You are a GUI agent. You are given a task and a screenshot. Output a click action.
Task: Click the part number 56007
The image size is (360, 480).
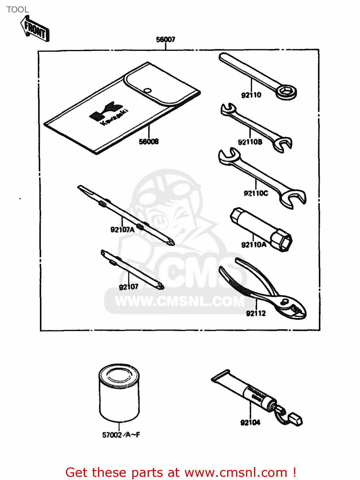click(x=165, y=39)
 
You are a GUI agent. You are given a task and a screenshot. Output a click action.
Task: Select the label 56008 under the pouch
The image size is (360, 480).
click(x=149, y=141)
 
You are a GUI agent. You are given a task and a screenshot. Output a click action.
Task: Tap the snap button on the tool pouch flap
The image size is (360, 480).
click(x=147, y=91)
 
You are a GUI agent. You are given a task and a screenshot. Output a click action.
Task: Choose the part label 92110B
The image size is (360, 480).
click(x=250, y=142)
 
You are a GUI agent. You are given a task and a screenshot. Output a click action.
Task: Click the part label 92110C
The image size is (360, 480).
click(x=256, y=193)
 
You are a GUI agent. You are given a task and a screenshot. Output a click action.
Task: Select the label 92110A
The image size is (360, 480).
click(x=253, y=245)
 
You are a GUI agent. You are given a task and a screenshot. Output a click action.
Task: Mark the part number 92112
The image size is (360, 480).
click(x=256, y=314)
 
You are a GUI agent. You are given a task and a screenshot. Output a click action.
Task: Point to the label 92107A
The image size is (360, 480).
click(x=122, y=229)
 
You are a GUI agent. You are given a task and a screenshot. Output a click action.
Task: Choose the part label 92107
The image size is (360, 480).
click(x=128, y=287)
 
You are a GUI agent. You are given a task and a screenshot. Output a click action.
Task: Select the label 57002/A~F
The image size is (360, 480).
click(x=121, y=435)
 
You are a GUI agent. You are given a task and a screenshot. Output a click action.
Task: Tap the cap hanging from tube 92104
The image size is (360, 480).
click(x=295, y=419)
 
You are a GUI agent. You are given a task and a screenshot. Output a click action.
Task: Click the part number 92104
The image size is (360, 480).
click(x=250, y=423)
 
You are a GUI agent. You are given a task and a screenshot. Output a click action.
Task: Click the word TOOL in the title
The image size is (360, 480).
click(x=18, y=10)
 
